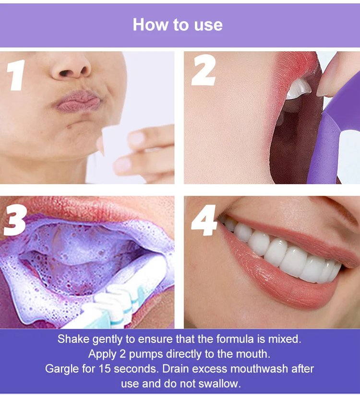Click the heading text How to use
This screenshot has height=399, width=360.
coord(178,24)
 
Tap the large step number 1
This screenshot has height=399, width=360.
coord(16,75)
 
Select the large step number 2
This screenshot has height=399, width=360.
coord(204,70)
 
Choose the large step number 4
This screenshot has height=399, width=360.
coord(204,221)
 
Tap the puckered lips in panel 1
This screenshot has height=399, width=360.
coord(78,101)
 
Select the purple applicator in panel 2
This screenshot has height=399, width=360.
coord(331,132)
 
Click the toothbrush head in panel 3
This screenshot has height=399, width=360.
coord(122,300)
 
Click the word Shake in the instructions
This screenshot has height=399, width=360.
coord(73,339)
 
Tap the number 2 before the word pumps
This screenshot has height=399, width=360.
coord(123,354)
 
